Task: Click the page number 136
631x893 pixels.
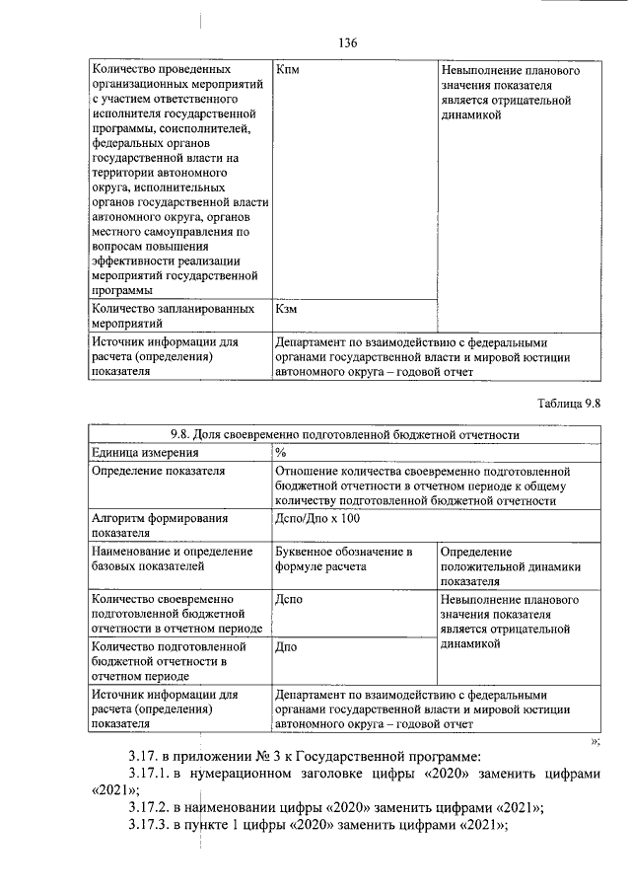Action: tap(346, 43)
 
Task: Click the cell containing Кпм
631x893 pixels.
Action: tap(288, 72)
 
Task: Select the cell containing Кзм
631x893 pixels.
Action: tap(287, 309)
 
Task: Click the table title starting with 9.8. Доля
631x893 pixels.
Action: tap(344, 434)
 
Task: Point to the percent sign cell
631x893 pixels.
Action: tap(282, 453)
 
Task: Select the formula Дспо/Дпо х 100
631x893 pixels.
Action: tap(318, 517)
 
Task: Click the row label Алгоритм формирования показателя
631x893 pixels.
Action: tap(159, 524)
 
